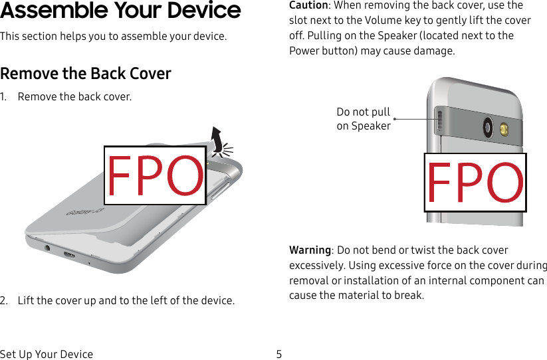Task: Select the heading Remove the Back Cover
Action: (x=86, y=73)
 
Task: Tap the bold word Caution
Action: (x=308, y=5)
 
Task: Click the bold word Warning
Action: (x=310, y=250)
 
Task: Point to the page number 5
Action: (x=278, y=354)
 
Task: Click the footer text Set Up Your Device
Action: (x=47, y=354)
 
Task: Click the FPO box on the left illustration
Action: (x=155, y=176)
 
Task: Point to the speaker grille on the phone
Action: (x=439, y=121)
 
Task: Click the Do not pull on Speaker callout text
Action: (x=364, y=119)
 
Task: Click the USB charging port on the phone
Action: (x=69, y=254)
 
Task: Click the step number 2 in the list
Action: (x=4, y=301)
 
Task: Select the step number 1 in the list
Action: (x=4, y=97)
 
